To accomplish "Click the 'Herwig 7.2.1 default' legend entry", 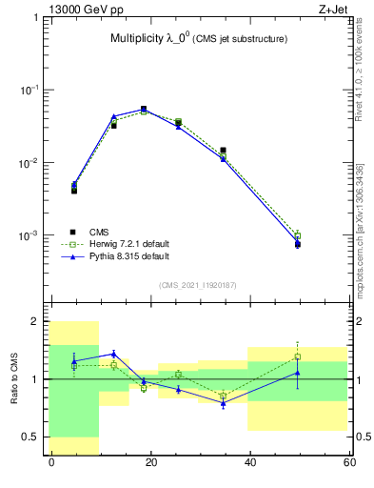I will [128, 244].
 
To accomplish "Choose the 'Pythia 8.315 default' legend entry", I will [128, 256].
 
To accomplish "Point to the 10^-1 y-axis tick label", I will [31, 90].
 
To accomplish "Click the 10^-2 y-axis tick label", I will [31, 163].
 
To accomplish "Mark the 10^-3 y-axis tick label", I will [31, 235].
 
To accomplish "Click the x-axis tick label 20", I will [150, 462].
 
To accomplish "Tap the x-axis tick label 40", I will [250, 462].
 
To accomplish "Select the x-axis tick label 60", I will [348, 462].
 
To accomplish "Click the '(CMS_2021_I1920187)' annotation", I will [199, 285].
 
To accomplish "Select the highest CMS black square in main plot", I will [144, 109].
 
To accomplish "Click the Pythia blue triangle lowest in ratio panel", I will [224, 404].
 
